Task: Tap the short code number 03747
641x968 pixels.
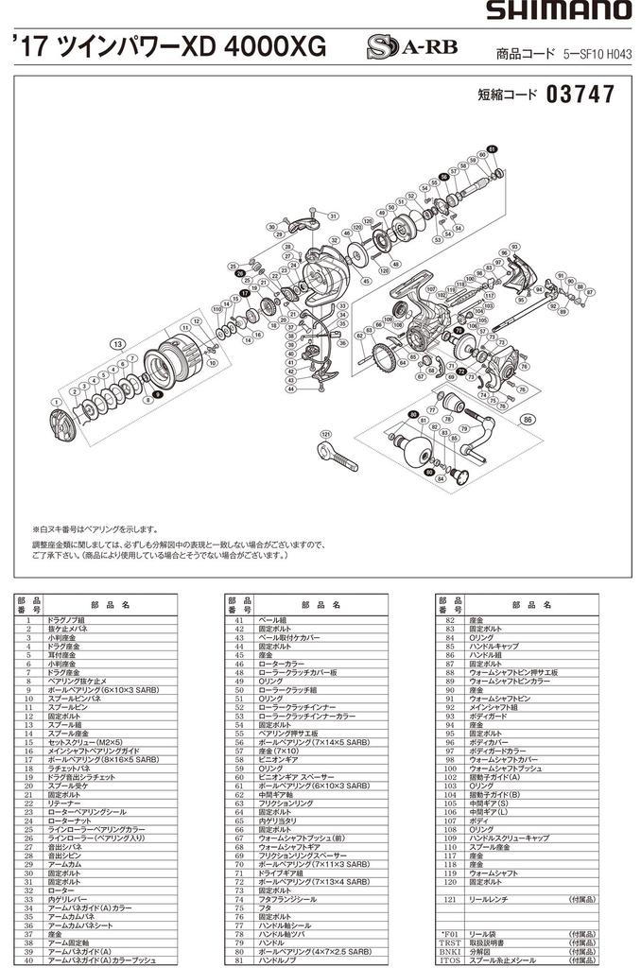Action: (x=580, y=95)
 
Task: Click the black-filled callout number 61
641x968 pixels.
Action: (x=492, y=149)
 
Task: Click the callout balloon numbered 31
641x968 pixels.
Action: (x=333, y=216)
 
